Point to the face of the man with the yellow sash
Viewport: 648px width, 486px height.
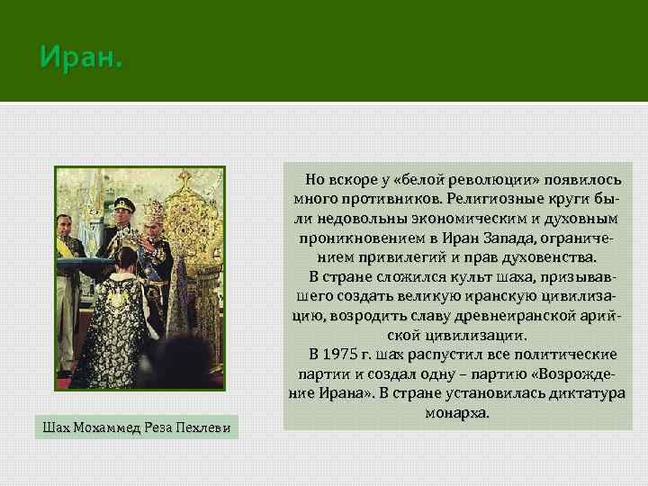64,225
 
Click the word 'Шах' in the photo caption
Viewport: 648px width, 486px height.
56,426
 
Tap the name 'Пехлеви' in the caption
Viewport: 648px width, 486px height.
210,426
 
